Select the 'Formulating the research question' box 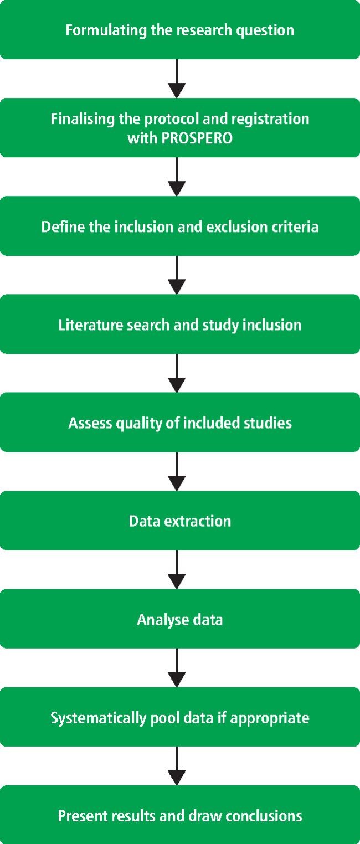coord(180,30)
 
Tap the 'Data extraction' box coord(180,521)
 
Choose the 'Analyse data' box coord(180,619)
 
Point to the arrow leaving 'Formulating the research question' coord(176,79)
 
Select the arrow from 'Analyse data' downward coord(176,668)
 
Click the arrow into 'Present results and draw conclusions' coord(176,766)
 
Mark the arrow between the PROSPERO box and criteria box coord(176,177)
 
